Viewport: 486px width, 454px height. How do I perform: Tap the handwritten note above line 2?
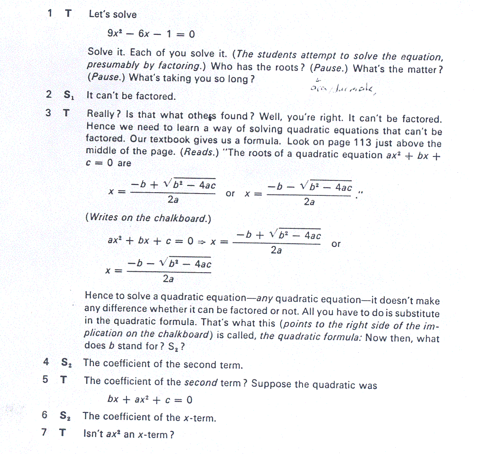(343, 88)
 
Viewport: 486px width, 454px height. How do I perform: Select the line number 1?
(49, 14)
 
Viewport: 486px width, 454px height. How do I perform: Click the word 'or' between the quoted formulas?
(230, 194)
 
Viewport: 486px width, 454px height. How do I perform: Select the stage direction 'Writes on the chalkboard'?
(149, 218)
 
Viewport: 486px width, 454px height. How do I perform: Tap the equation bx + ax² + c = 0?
(150, 400)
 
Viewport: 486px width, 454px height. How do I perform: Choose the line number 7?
(44, 433)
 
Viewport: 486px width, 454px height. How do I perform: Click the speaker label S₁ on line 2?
(68, 95)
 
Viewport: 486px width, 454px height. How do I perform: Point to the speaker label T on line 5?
(64, 380)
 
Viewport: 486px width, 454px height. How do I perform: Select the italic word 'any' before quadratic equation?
(265, 299)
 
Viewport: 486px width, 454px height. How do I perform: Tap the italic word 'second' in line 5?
(201, 382)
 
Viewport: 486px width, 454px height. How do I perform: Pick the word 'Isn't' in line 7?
(94, 434)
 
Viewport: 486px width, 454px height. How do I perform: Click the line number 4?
(46, 362)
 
